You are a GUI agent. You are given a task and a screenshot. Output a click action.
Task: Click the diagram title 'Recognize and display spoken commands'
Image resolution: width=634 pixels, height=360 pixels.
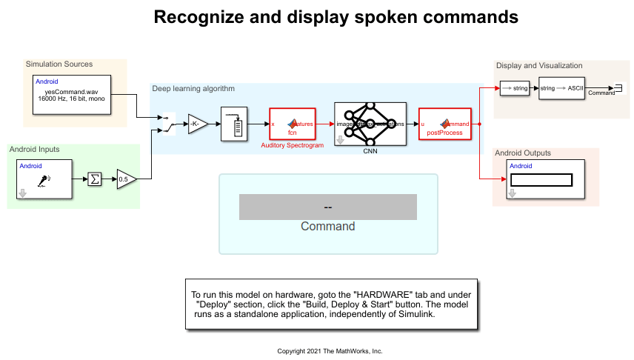point(336,17)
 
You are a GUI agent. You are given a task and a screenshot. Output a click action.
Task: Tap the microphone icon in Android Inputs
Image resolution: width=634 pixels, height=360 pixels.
point(44,179)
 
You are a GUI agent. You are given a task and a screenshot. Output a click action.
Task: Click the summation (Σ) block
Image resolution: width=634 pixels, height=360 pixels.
point(95,179)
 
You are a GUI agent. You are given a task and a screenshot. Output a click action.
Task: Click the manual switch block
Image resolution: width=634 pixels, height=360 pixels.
point(168,124)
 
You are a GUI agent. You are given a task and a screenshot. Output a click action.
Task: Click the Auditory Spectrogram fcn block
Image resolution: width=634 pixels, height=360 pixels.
point(292,124)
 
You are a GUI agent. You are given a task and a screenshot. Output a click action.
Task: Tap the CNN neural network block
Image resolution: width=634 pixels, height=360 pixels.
point(370,124)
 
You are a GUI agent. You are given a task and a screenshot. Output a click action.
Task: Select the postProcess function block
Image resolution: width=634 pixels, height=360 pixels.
point(445,124)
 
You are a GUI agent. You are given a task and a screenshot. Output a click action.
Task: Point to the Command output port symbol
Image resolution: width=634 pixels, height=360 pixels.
point(618,89)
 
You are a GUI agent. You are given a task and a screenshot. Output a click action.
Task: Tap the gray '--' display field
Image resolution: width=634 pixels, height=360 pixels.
point(327,207)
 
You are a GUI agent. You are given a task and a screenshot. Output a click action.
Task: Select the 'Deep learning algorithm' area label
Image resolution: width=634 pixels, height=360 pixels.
point(193,89)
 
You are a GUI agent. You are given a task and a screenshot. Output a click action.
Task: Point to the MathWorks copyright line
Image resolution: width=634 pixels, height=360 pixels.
point(330,351)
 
